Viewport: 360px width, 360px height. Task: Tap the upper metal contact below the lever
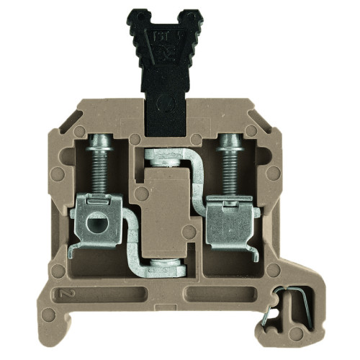point(165,156)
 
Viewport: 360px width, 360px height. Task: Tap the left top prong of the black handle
point(140,17)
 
